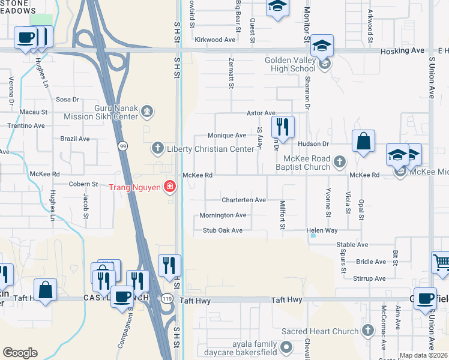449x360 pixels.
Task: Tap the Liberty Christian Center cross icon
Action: [157, 148]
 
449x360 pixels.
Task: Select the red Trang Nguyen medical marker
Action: [170, 187]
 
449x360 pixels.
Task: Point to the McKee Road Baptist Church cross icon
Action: [340, 161]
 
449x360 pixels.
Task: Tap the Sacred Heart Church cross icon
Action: [368, 331]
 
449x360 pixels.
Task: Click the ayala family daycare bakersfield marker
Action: [287, 347]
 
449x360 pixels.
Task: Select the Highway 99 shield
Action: [123, 145]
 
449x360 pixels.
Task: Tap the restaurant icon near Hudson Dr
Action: [282, 127]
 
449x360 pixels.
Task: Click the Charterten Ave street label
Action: [243, 200]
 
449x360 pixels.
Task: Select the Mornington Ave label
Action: [223, 215]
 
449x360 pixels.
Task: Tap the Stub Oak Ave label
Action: [222, 230]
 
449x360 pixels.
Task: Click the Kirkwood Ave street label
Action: [215, 40]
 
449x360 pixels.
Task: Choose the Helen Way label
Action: [322, 230]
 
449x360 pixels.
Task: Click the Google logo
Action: [20, 353]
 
